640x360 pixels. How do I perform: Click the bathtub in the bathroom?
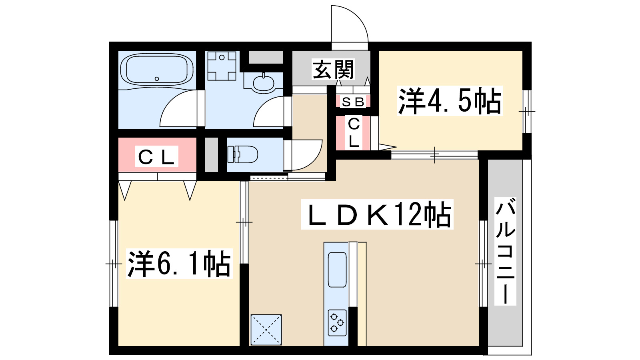pyautogui.click(x=157, y=70)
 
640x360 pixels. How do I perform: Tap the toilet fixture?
pyautogui.click(x=243, y=154)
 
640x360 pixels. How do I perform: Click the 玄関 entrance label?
pyautogui.click(x=333, y=70)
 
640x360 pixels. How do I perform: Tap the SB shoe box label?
pyautogui.click(x=353, y=102)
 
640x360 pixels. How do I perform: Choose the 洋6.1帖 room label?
pyautogui.click(x=179, y=264)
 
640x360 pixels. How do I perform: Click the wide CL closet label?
pyautogui.click(x=156, y=157)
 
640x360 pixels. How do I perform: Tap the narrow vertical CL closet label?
pyautogui.click(x=354, y=133)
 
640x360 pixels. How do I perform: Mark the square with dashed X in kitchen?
pyautogui.click(x=266, y=330)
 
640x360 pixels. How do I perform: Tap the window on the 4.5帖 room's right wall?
pyautogui.click(x=527, y=111)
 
